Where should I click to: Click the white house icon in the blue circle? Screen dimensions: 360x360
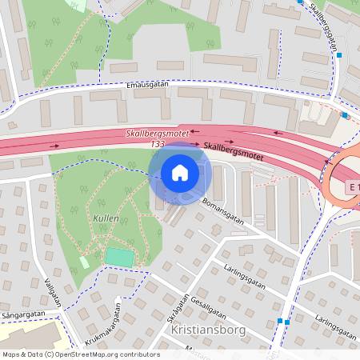[x=180, y=173]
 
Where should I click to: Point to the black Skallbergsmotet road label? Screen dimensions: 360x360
[x=234, y=148]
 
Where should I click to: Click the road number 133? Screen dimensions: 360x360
[x=158, y=144]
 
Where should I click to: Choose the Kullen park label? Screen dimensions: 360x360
[x=106, y=218]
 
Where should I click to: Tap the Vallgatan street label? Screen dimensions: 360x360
[x=55, y=291]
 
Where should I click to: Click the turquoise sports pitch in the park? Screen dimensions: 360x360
[x=119, y=258]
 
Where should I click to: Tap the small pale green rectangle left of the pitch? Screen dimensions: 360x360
[x=85, y=262]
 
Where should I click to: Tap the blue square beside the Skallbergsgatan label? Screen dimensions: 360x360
[x=339, y=55]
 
